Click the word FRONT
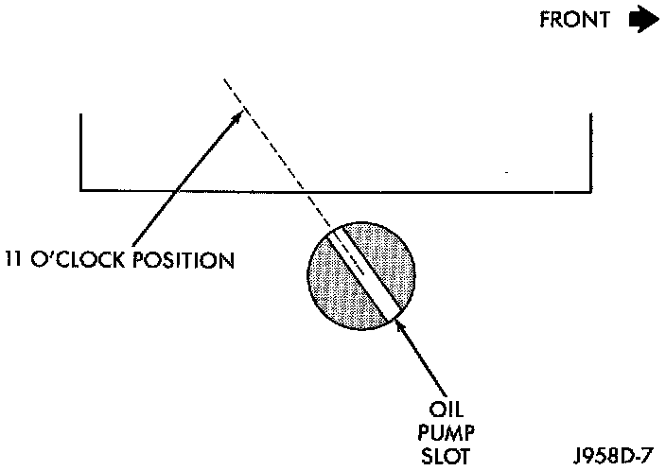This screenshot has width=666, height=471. tap(574, 21)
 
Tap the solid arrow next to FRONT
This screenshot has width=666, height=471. tap(642, 21)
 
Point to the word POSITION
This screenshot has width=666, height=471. tap(180, 258)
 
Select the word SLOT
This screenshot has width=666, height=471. tap(446, 457)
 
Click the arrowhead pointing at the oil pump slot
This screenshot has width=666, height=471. tap(401, 325)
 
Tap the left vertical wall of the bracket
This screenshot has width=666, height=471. tap(81, 151)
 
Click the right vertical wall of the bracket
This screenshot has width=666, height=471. tap(591, 151)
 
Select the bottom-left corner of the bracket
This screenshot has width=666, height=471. tap(81, 190)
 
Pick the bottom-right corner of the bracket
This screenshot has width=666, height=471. tap(591, 190)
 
